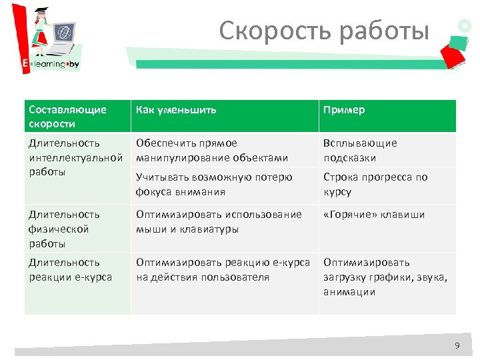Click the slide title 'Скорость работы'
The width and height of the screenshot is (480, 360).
[x=324, y=30]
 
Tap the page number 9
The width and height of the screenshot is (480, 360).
[x=457, y=345]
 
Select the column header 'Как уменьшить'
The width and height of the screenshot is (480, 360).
[x=176, y=110]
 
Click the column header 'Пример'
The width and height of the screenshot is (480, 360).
[x=344, y=110]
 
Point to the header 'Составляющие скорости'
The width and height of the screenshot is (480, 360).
[x=67, y=117]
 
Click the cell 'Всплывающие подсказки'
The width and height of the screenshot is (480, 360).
[x=360, y=150]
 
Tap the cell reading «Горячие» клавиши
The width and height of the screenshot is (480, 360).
[x=373, y=214]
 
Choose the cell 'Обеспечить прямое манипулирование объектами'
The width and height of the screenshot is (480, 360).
[x=212, y=150]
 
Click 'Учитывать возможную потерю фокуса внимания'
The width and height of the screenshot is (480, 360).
[x=214, y=184]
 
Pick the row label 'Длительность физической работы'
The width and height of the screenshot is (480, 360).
[x=64, y=229]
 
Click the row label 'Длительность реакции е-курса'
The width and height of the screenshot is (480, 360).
[x=70, y=269]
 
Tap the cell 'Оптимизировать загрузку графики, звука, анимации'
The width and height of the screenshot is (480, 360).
[x=385, y=277]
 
